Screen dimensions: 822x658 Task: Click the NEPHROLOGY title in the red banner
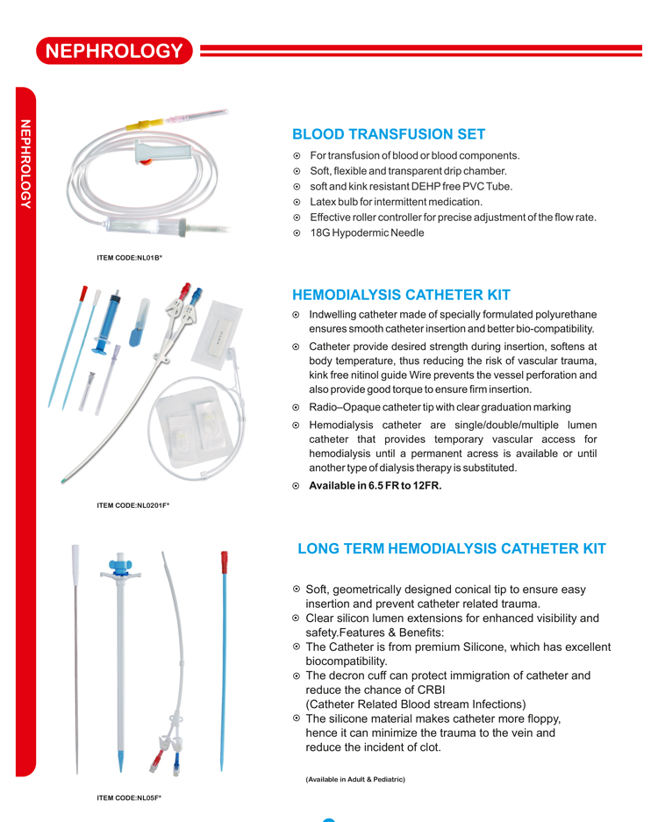114,51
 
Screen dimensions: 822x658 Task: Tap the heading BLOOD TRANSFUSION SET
389,134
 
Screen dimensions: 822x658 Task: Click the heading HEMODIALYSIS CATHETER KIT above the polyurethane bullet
401,295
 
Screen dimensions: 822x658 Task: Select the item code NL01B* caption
129,258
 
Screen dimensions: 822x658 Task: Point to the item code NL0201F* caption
132,505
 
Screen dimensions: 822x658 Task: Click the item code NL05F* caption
129,797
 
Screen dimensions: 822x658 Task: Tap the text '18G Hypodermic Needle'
367,233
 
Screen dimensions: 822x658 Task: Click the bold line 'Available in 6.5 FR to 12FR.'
375,486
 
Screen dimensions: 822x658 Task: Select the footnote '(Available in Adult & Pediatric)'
355,779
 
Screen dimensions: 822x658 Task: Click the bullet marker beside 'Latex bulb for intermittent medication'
297,202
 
